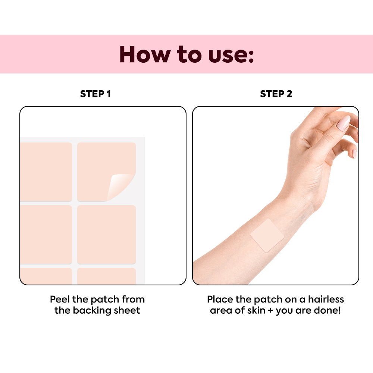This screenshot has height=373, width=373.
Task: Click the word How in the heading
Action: point(145,54)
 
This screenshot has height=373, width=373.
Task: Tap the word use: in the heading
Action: point(231,55)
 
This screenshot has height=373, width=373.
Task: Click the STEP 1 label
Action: point(95,94)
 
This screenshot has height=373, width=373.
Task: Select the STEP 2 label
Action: point(276,94)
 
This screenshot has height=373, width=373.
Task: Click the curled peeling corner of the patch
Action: point(119,185)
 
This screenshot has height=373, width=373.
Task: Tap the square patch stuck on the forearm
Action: point(267,235)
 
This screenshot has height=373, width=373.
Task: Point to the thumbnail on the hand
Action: point(344,123)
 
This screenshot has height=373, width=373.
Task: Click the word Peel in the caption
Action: point(60,299)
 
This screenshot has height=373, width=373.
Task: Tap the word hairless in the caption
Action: point(326,299)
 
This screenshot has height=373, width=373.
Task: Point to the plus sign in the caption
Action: point(270,311)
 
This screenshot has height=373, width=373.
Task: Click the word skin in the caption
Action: point(256,310)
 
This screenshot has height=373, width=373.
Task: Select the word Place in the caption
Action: point(220,299)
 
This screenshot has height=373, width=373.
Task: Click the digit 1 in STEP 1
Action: point(109,94)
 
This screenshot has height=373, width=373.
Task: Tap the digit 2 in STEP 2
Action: point(289,94)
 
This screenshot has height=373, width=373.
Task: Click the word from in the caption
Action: point(133,299)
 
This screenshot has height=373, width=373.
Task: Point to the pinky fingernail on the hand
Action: point(354,153)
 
